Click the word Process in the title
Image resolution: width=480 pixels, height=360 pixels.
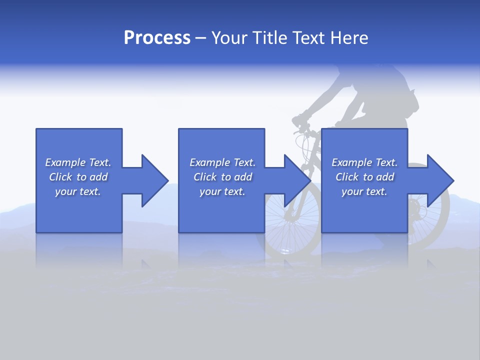(x=157, y=38)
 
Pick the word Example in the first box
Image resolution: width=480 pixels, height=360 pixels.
(x=65, y=162)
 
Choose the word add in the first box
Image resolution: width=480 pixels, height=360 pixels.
(x=98, y=177)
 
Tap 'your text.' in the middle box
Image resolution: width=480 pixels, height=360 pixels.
(x=222, y=191)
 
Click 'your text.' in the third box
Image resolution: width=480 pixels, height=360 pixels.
(x=364, y=191)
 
